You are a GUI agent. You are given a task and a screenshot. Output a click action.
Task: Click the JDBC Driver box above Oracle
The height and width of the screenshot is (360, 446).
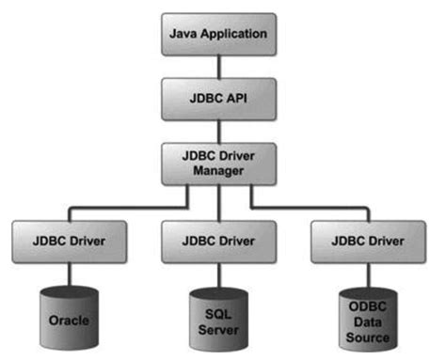pyautogui.click(x=70, y=241)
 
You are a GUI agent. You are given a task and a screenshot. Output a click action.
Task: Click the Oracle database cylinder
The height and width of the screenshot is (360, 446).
pyautogui.click(x=70, y=318)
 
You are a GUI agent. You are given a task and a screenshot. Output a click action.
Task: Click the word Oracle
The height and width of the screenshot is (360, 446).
pyautogui.click(x=70, y=321)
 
